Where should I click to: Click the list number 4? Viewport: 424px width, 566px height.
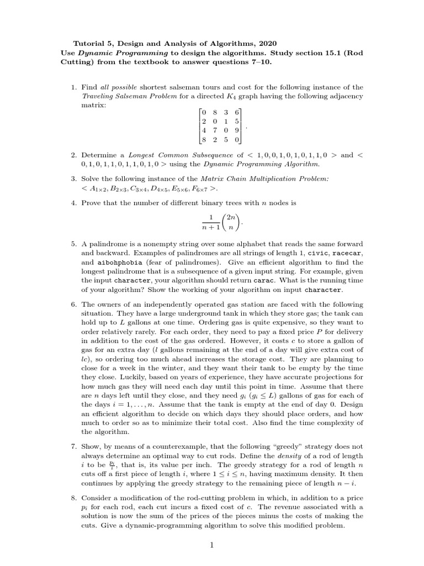(x=73, y=203)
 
